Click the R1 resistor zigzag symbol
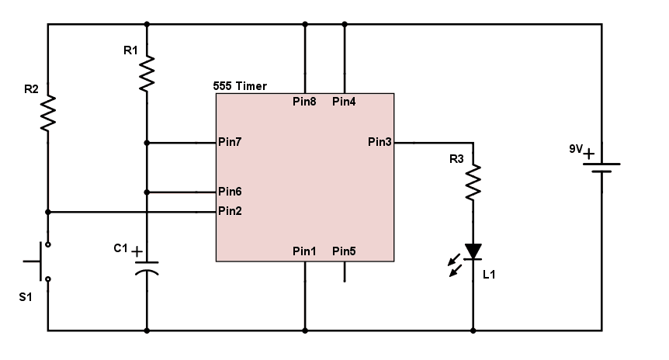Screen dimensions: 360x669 click(x=147, y=74)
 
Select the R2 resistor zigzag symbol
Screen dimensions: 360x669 click(x=48, y=112)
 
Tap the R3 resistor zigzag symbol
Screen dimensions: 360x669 click(x=473, y=182)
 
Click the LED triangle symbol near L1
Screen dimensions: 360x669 click(x=473, y=251)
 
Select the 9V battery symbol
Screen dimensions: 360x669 click(x=602, y=168)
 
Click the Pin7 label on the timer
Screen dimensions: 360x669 click(x=231, y=142)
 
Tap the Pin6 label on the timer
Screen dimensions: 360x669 click(x=231, y=192)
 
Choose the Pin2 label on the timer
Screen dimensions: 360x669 click(x=231, y=210)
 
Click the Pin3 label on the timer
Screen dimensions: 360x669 click(x=380, y=142)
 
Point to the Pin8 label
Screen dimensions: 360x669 click(x=304, y=102)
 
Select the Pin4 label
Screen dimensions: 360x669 click(x=344, y=102)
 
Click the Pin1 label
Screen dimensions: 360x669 click(x=304, y=251)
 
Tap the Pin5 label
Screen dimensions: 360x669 click(x=344, y=251)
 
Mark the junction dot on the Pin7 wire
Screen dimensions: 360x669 click(x=147, y=143)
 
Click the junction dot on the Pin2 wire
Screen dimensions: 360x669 click(x=48, y=211)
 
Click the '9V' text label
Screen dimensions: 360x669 click(x=576, y=147)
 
